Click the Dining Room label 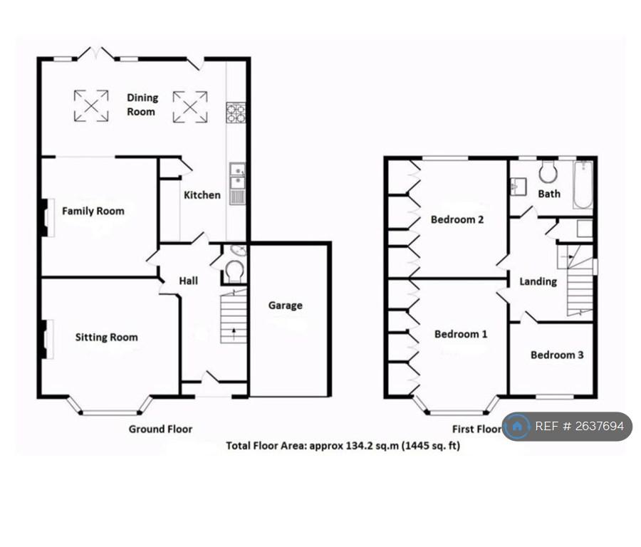tap(142, 105)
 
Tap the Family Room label tap(93, 211)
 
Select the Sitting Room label tap(106, 338)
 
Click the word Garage tap(286, 306)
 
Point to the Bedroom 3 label tap(557, 355)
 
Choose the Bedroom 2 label tap(457, 219)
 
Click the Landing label tap(538, 281)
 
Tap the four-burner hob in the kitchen tap(236, 113)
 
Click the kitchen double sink tap(237, 183)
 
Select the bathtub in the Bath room tap(583, 184)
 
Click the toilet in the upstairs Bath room tap(548, 172)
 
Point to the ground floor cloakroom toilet tap(235, 271)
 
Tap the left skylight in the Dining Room tap(91, 106)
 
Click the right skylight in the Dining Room tap(190, 107)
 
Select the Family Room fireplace tap(47, 217)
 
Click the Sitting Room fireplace tap(47, 339)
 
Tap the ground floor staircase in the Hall tap(234, 316)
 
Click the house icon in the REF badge tap(517, 427)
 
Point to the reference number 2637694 tap(599, 427)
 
